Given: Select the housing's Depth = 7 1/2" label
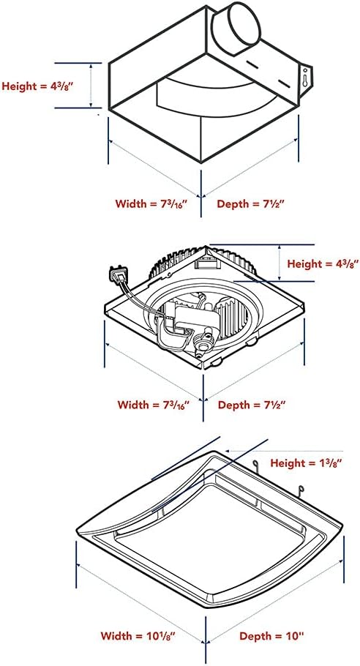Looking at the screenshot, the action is point(250,203).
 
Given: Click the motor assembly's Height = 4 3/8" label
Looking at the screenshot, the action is point(323,263).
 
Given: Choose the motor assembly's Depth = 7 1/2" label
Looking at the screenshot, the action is point(251,404).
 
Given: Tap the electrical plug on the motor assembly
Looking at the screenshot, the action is point(118,277).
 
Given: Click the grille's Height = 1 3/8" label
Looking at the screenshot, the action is point(307,463).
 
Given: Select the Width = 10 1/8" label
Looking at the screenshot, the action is point(144,636).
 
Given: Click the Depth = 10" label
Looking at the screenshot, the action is point(271,636).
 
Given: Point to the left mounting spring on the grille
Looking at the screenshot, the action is point(256,466).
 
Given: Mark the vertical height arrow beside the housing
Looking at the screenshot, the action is point(91,86).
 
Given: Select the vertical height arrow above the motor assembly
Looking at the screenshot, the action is point(279,263).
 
